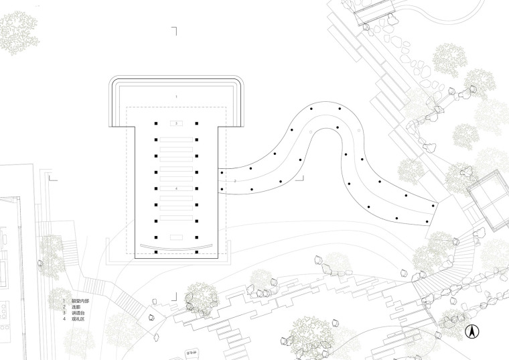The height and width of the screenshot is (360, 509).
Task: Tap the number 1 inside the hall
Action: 177,97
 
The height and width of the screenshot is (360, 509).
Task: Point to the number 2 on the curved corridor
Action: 235,181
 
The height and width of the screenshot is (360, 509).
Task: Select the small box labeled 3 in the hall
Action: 177,124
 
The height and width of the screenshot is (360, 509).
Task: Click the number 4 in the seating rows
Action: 177,190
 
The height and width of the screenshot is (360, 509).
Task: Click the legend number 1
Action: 65,301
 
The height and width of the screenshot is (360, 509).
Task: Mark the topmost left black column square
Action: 156,123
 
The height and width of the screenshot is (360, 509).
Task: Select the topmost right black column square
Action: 198,123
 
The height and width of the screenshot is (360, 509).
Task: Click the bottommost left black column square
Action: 156,252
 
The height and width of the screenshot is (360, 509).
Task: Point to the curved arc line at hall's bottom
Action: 177,248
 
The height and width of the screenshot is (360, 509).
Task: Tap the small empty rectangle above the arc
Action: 177,237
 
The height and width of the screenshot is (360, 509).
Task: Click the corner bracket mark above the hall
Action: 174,30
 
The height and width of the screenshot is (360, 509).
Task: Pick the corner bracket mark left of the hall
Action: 52,178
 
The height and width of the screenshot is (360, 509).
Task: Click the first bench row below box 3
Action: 177,139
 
